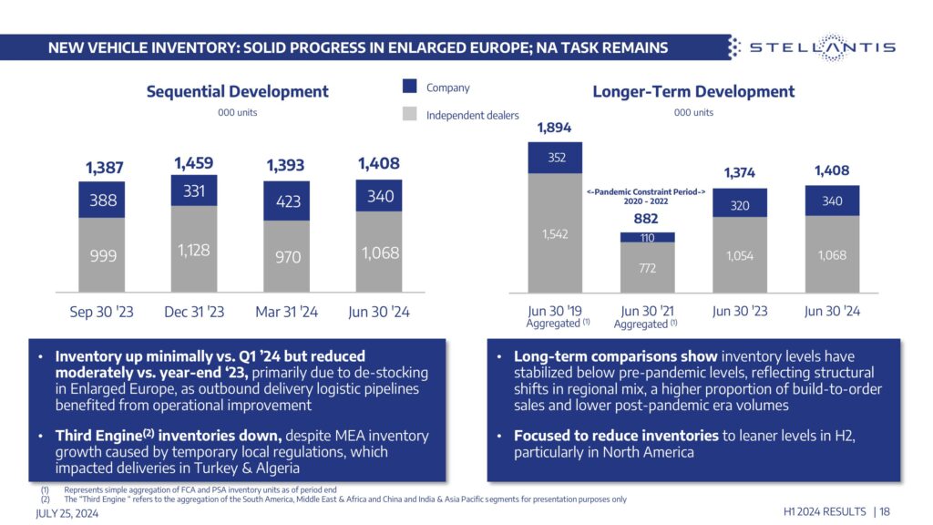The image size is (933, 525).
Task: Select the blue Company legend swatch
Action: pyautogui.click(x=410, y=87)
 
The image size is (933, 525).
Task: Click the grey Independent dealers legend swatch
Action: pyautogui.click(x=410, y=115)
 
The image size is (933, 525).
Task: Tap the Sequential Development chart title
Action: pyautogui.click(x=237, y=91)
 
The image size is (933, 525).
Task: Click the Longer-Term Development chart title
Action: pyautogui.click(x=693, y=91)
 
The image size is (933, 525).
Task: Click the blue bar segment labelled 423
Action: pyautogui.click(x=287, y=201)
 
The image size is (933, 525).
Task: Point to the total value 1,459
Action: pyautogui.click(x=193, y=163)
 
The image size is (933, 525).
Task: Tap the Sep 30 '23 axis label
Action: pyautogui.click(x=101, y=312)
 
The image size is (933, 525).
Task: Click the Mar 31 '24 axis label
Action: pyautogui.click(x=288, y=312)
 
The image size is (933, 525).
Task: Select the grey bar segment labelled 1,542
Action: pyautogui.click(x=554, y=233)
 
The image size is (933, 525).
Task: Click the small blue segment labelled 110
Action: pyautogui.click(x=647, y=237)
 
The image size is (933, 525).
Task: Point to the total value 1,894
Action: pyautogui.click(x=554, y=128)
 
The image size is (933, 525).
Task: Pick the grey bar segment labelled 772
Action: pyautogui.click(x=647, y=268)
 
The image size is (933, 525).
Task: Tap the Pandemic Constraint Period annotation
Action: pyautogui.click(x=646, y=196)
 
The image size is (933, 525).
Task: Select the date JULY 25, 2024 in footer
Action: pyautogui.click(x=67, y=513)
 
